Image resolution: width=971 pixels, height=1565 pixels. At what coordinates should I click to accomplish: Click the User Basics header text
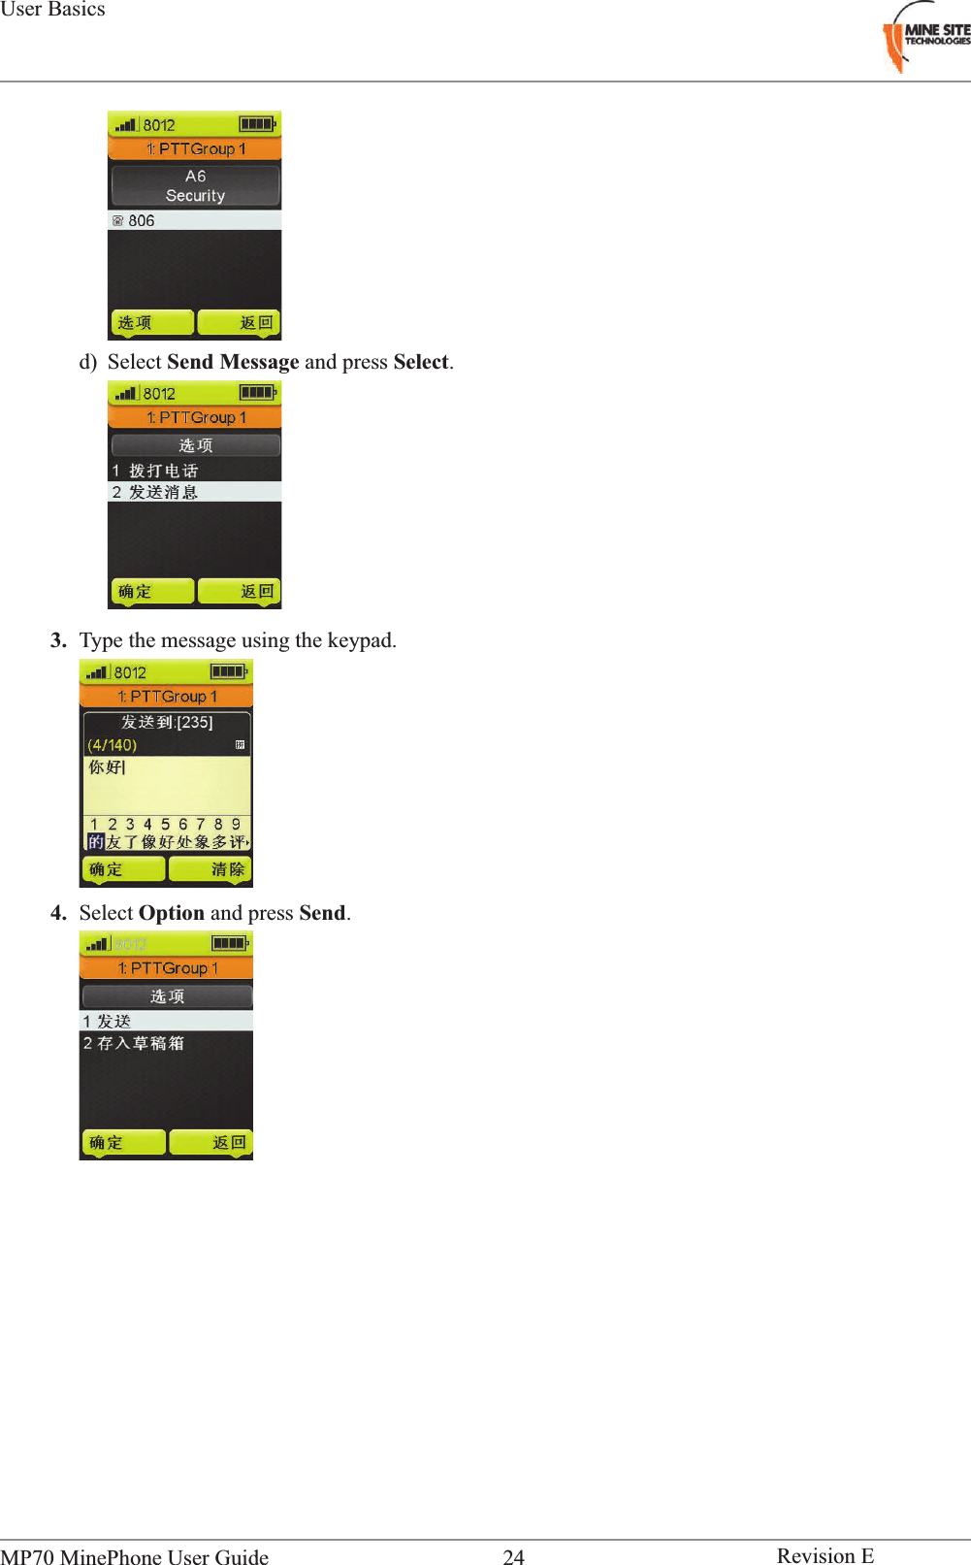52,10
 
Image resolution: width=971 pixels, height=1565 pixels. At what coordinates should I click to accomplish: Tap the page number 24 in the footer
513,1556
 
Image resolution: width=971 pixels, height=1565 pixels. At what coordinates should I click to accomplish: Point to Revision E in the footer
825,1555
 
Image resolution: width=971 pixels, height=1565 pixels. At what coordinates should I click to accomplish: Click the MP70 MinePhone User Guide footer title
135,1556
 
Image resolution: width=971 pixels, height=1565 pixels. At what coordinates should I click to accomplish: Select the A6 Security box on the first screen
195,185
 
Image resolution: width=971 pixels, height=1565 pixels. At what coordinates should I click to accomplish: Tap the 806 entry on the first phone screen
141,220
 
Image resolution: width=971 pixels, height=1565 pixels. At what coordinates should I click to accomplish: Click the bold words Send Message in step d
233,362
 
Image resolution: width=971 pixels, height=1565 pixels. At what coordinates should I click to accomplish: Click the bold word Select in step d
420,362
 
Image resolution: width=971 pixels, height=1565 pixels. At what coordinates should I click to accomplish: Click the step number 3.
59,640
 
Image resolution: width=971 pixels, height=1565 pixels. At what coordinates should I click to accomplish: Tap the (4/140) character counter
113,745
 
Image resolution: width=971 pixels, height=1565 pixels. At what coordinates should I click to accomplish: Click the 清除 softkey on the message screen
228,869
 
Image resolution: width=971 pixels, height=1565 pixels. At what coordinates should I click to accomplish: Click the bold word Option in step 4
171,913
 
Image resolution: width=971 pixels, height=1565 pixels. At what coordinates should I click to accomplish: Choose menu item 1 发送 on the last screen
108,1021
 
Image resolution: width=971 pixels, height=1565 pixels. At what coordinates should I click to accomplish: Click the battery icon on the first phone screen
257,124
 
